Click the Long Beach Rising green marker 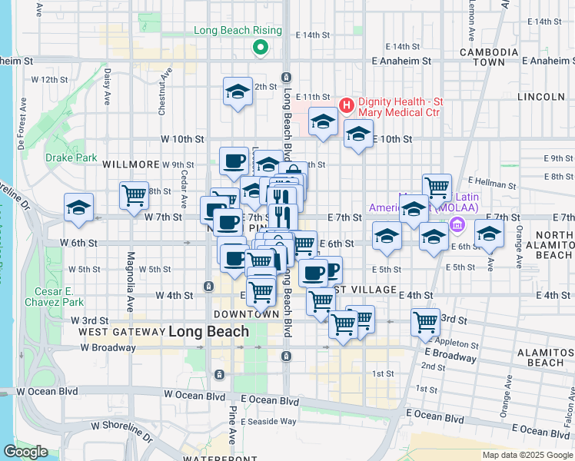pos(261,48)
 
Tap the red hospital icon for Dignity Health pos(346,104)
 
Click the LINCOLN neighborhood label pos(541,97)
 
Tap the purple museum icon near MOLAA pos(457,225)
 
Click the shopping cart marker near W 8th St pos(134,194)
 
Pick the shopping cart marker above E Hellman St pos(437,186)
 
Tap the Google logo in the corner pos(25,452)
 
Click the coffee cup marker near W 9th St pos(234,161)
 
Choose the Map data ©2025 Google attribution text pos(527,455)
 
